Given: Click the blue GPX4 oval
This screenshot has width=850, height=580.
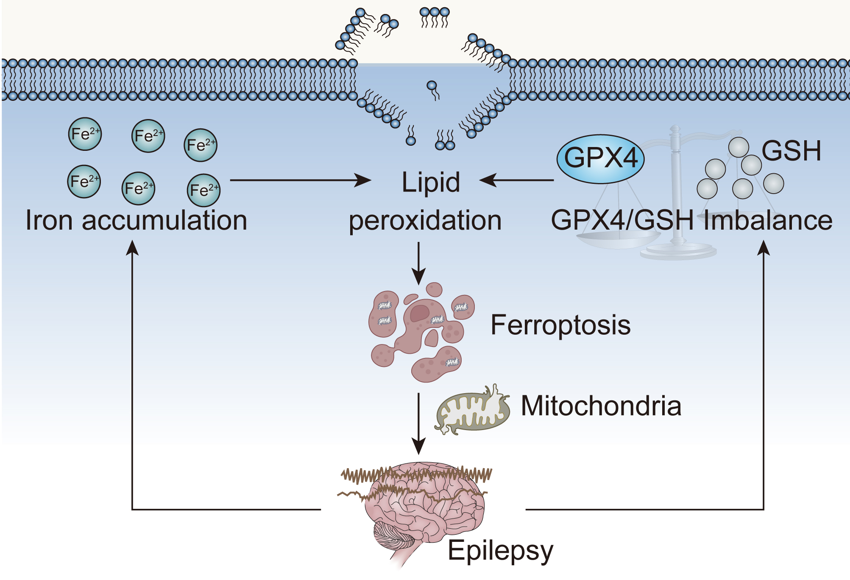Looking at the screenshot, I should [600, 159].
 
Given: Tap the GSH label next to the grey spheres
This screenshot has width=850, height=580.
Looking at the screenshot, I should [791, 151].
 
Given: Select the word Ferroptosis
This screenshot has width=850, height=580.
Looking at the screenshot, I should [560, 325].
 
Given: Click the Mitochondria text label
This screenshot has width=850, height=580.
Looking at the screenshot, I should [601, 406].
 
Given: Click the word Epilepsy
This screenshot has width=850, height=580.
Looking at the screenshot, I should [500, 551].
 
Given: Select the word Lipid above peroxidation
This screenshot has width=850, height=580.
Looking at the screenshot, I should [430, 182].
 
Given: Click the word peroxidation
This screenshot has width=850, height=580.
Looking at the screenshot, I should [425, 221].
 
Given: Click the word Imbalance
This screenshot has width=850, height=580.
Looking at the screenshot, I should [767, 220].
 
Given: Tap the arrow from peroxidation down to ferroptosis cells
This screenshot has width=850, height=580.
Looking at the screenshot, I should [418, 263].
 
